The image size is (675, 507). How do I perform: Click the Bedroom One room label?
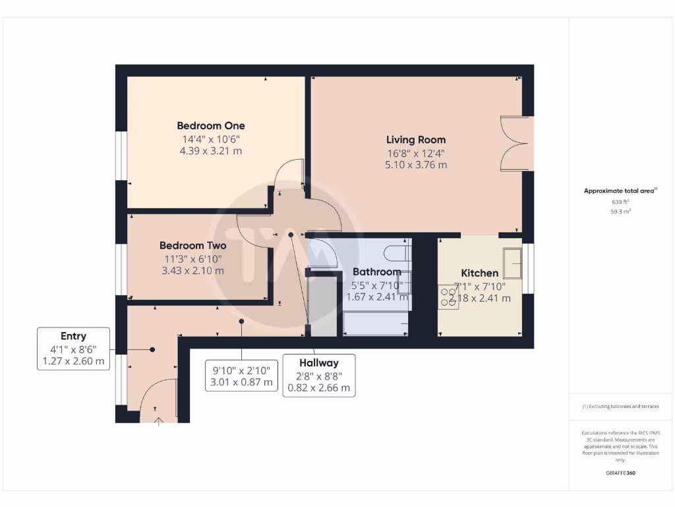tap(210, 125)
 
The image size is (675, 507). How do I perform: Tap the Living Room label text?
tap(415, 139)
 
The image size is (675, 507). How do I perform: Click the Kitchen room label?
tap(479, 273)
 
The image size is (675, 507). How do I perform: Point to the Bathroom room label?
tap(376, 271)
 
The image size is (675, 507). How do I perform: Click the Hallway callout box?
tap(319, 375)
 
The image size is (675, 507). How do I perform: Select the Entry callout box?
tap(74, 348)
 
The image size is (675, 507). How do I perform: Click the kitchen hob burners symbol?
tap(448, 296)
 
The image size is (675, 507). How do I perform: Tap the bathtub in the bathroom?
tap(375, 323)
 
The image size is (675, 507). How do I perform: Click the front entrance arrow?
tap(159, 421)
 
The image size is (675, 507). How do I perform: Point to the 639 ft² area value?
tap(620, 202)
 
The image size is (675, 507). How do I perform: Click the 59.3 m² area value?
tap(620, 211)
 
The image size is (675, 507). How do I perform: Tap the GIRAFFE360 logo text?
tap(620, 473)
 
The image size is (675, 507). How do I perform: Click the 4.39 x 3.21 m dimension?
tap(210, 151)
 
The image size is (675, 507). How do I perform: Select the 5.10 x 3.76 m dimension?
tap(415, 164)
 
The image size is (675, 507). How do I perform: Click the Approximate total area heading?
tap(620, 191)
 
